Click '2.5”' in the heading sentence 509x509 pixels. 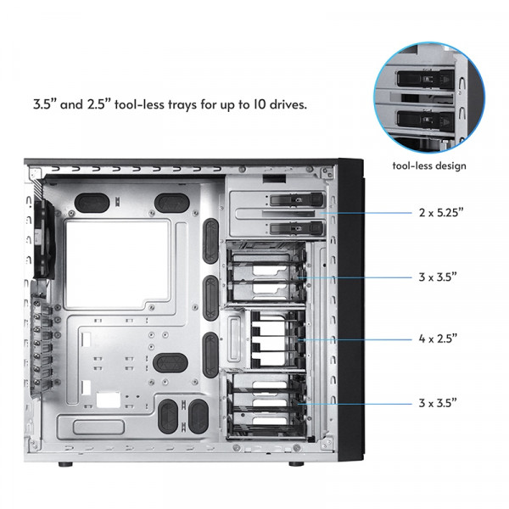[x=100, y=105]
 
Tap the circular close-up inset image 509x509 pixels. [x=429, y=91]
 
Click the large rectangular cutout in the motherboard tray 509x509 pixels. [x=119, y=260]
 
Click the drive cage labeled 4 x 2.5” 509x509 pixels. [x=267, y=338]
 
